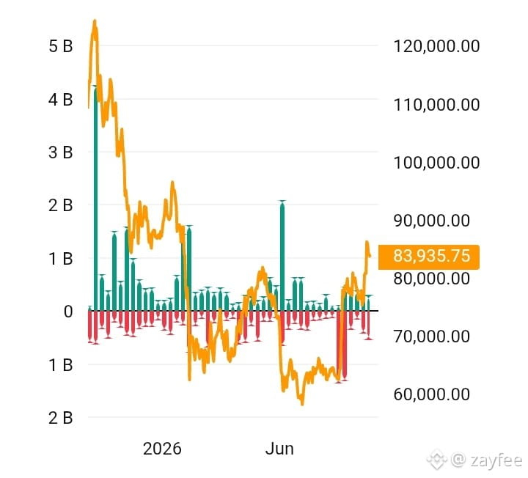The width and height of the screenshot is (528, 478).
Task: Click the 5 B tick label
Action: point(61,46)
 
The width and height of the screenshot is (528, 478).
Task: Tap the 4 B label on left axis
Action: point(61,100)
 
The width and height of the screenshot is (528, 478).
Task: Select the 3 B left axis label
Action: point(61,152)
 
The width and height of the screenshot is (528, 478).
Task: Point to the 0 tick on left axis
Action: point(68,312)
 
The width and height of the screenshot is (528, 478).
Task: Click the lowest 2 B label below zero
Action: point(61,418)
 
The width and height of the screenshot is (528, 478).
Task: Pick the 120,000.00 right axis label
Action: point(437,46)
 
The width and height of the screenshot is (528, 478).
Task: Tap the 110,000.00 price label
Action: point(437,105)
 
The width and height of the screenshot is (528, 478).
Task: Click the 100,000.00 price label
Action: point(437,163)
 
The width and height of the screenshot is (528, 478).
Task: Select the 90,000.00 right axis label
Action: point(432,221)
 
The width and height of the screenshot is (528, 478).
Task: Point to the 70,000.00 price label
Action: point(432,337)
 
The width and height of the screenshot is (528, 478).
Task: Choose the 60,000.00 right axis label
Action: point(432,394)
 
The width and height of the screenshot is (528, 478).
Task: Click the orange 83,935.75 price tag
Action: point(429,257)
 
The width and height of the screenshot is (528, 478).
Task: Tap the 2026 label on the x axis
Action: point(162,449)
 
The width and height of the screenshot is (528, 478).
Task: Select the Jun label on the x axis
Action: point(279,449)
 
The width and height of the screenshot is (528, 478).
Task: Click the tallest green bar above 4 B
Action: point(95,199)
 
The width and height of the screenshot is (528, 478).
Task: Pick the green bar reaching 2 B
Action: point(282,256)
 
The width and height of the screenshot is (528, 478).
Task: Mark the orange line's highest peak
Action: point(95,21)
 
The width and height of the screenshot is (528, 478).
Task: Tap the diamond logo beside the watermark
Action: point(437,459)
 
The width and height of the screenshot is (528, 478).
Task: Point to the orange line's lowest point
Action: point(302,404)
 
